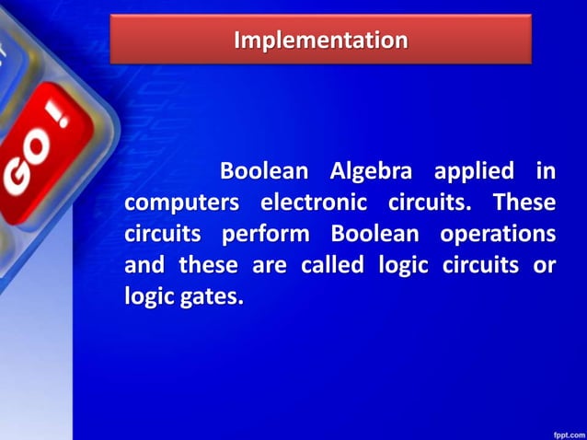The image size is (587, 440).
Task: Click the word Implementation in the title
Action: [320, 41]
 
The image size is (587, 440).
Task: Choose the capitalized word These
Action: [524, 202]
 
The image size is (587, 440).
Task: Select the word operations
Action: [498, 234]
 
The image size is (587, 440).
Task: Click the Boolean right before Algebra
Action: [263, 171]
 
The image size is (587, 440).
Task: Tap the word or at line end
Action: [545, 266]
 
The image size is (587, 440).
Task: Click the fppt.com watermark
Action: [564, 431]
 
